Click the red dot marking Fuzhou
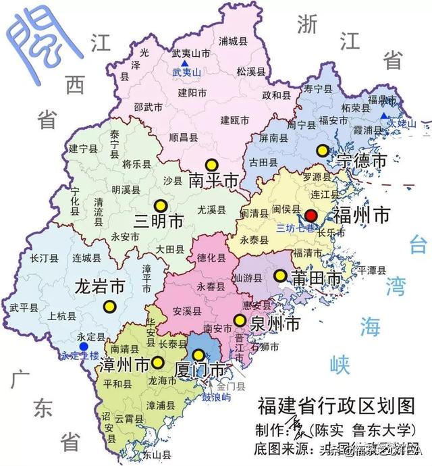[310, 212]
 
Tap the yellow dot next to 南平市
[212, 164]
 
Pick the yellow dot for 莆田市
[279, 276]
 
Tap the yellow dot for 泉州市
[238, 320]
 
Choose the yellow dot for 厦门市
[198, 355]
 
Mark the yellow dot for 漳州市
[158, 361]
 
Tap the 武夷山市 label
[191, 53]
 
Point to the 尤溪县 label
[212, 209]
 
